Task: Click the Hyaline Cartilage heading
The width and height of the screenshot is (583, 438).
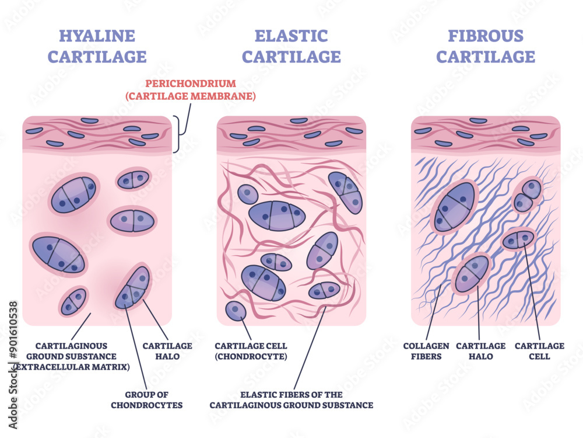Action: tap(97, 46)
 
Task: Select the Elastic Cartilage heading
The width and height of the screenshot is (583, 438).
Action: tap(291, 46)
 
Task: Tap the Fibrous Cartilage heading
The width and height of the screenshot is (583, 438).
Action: tap(486, 46)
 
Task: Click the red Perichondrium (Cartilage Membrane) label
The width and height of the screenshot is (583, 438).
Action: tap(190, 89)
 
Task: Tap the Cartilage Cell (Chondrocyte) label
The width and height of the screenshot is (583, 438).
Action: tap(251, 351)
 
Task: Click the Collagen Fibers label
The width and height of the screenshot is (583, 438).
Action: tap(426, 351)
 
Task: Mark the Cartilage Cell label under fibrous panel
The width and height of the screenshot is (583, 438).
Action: tap(540, 351)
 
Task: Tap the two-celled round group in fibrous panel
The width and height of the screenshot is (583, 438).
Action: tap(528, 196)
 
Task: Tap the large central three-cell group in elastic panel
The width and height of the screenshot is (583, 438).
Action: tap(277, 215)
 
